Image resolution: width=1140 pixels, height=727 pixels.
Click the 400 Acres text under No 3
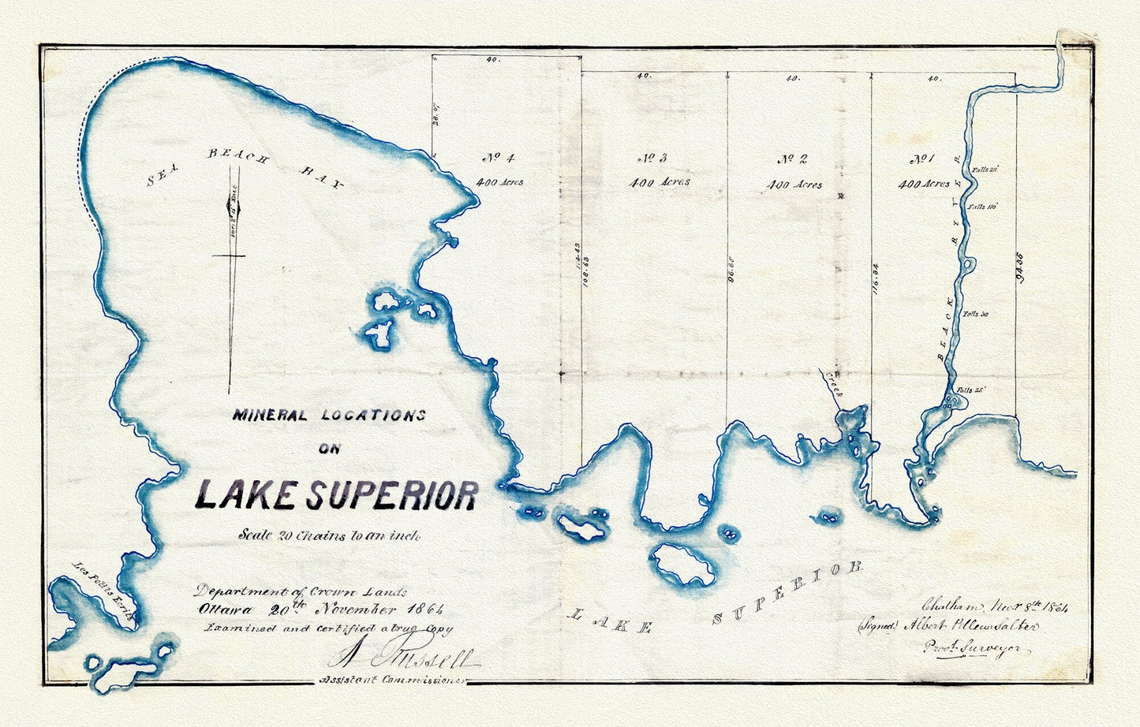659,182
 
